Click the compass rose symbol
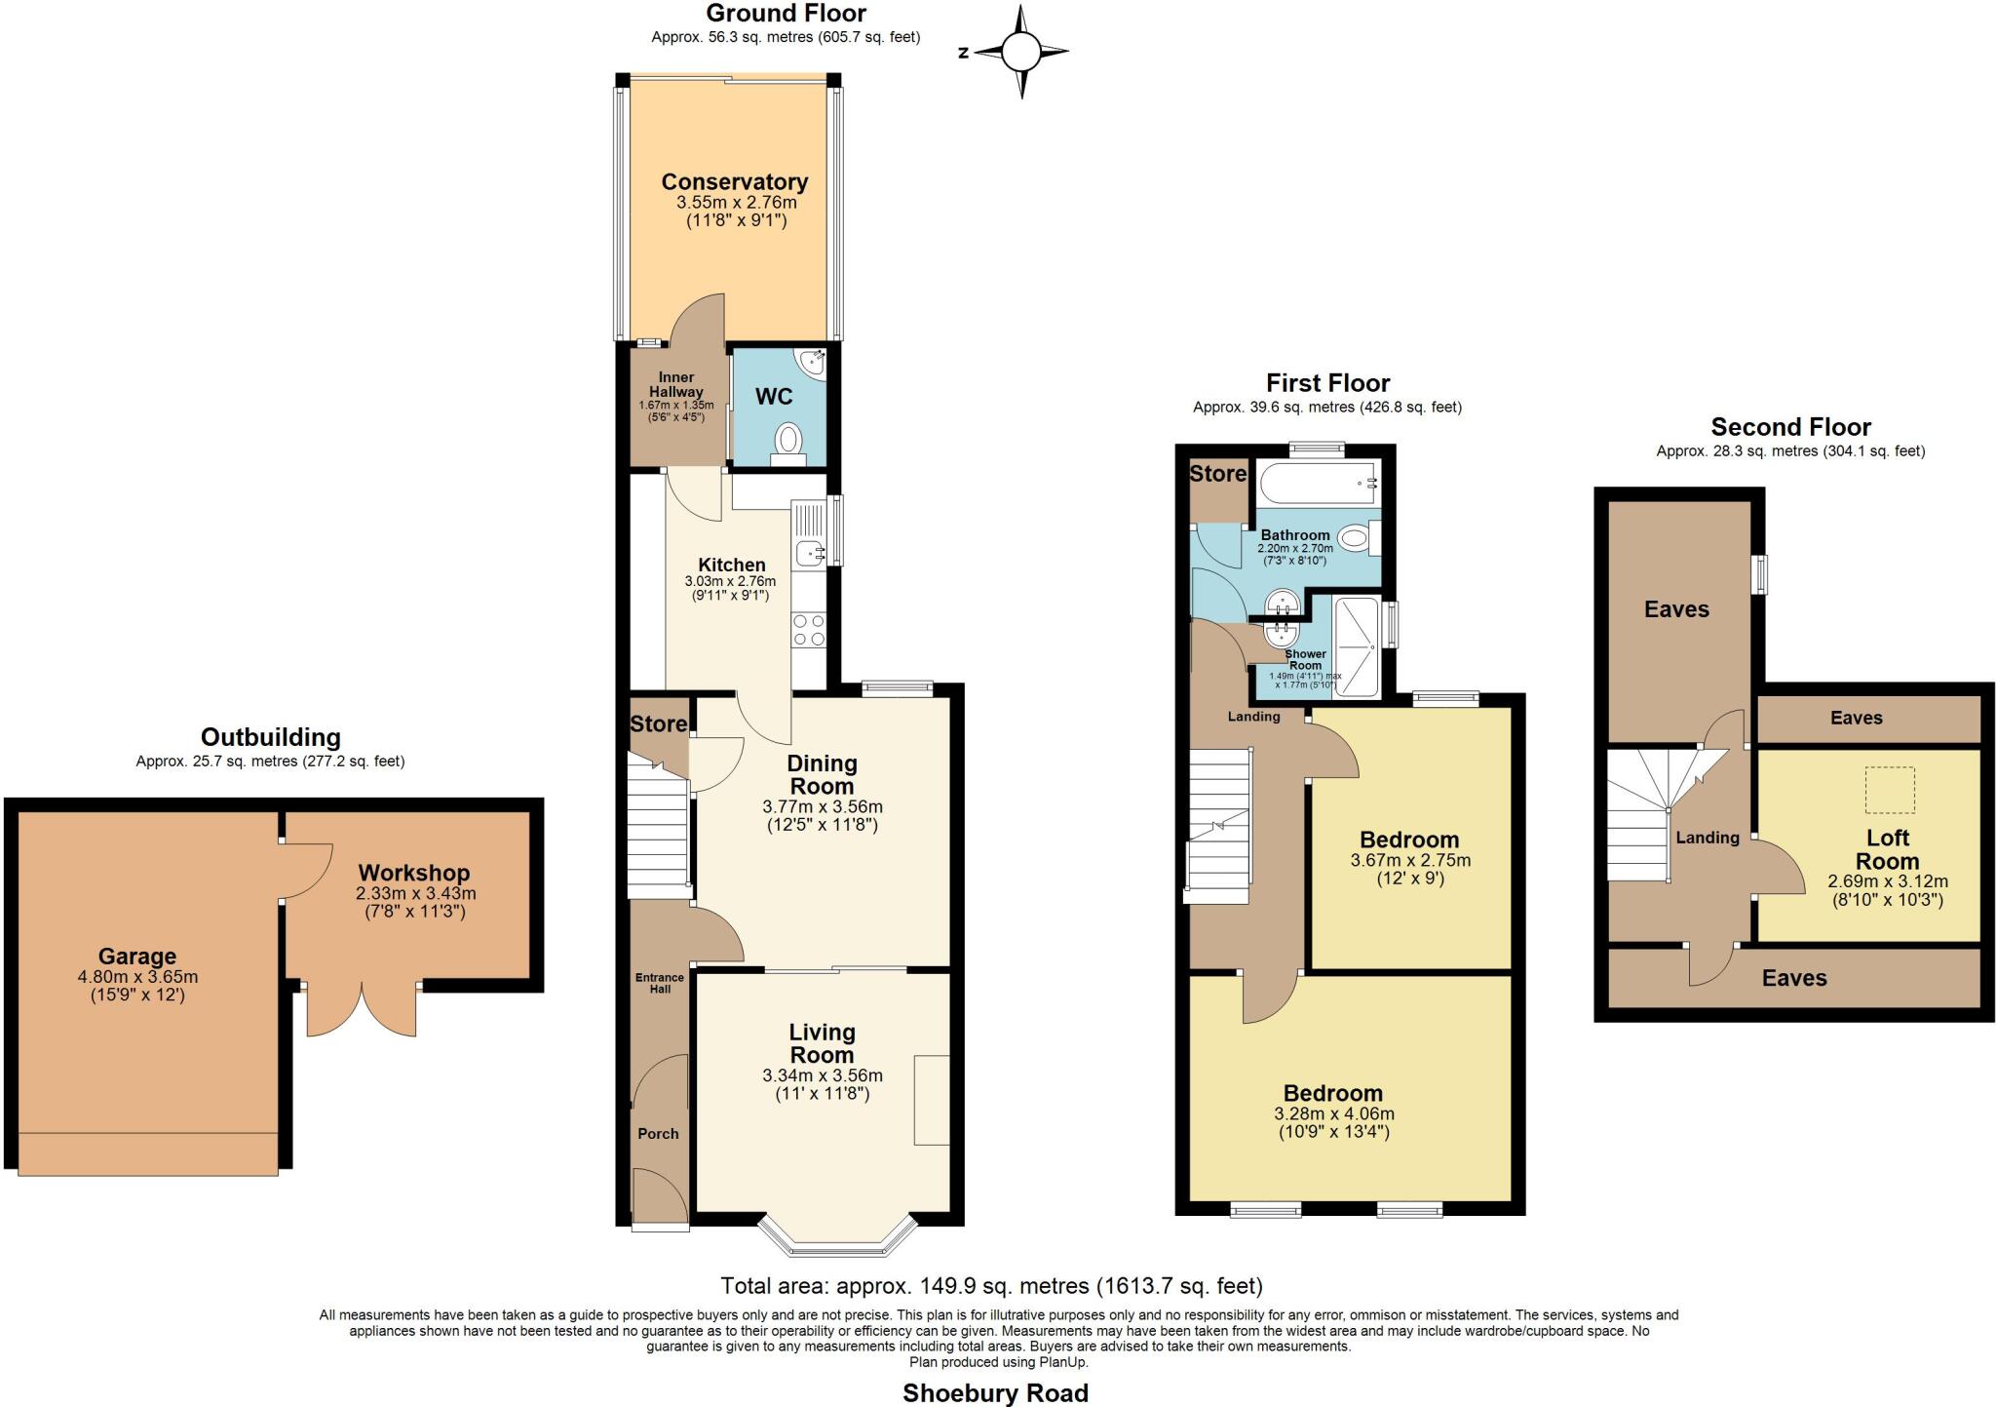pyautogui.click(x=1021, y=52)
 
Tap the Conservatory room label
pyautogui.click(x=735, y=182)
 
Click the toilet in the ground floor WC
pyautogui.click(x=787, y=441)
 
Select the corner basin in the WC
pyautogui.click(x=811, y=363)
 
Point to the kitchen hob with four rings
pyautogui.click(x=809, y=630)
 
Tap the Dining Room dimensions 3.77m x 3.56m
pyautogui.click(x=822, y=807)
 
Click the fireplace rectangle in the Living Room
pyautogui.click(x=931, y=1100)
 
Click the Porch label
pyautogui.click(x=658, y=1134)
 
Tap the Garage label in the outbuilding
pyautogui.click(x=137, y=957)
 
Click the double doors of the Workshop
pyautogui.click(x=363, y=1010)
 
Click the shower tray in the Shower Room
pyautogui.click(x=1357, y=647)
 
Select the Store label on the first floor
pyautogui.click(x=1217, y=474)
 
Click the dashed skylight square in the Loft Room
pyautogui.click(x=1890, y=790)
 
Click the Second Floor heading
pyautogui.click(x=1790, y=427)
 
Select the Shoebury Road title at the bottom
pyautogui.click(x=995, y=1392)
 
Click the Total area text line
pyautogui.click(x=991, y=1285)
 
